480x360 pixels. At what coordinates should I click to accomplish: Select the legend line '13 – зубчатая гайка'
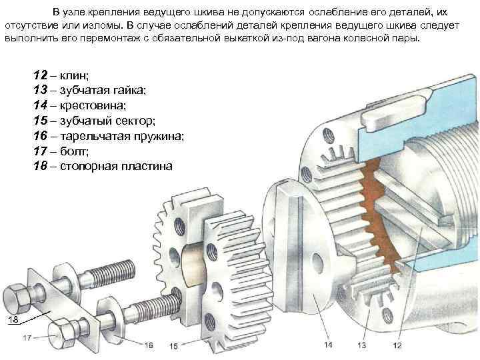click(89, 90)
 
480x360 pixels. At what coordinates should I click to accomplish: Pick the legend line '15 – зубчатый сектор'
click(93, 121)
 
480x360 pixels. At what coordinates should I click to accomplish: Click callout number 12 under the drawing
click(397, 345)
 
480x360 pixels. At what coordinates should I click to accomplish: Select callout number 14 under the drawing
click(328, 345)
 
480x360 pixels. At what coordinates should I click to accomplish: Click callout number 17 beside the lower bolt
click(27, 339)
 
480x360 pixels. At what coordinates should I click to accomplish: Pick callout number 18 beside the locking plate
click(12, 321)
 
